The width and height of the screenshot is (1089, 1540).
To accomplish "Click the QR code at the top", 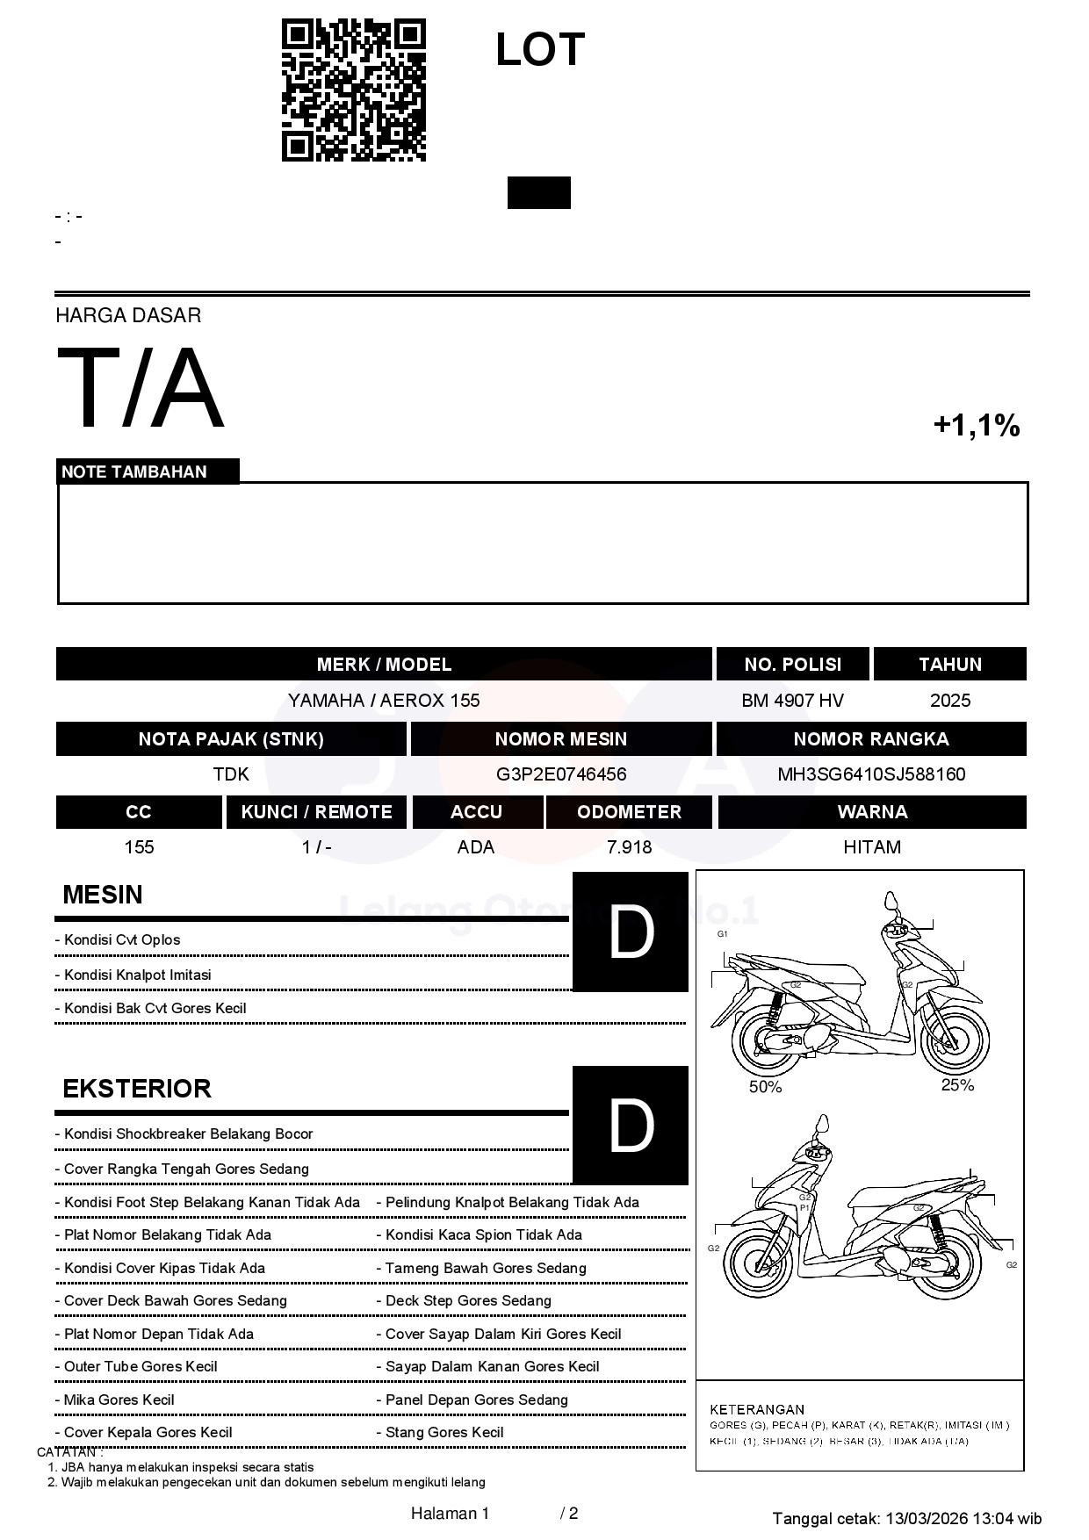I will [x=353, y=90].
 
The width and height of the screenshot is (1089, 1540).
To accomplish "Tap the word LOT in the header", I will [x=539, y=50].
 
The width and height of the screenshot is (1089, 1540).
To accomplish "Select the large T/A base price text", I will [x=141, y=389].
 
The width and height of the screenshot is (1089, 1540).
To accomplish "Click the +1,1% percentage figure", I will [x=976, y=426].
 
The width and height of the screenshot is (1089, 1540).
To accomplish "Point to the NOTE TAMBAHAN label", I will [x=134, y=472].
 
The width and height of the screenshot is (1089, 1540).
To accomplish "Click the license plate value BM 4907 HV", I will [x=792, y=701].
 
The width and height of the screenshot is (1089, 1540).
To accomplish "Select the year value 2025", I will [x=949, y=701].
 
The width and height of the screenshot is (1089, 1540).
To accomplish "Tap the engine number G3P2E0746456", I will [x=561, y=774].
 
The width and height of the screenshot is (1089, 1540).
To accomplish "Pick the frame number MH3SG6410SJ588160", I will [x=871, y=774].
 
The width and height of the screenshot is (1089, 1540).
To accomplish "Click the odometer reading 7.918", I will [x=629, y=847].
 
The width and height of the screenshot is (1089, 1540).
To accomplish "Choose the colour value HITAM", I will [x=872, y=847].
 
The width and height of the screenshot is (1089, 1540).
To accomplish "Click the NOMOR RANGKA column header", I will [x=871, y=739].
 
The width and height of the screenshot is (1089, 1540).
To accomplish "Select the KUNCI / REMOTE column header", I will [x=316, y=812].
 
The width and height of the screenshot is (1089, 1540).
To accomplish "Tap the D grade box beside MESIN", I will [x=631, y=932].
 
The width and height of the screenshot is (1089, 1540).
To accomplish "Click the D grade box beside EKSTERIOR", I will [x=631, y=1126].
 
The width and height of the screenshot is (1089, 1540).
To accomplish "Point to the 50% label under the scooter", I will [x=765, y=1087].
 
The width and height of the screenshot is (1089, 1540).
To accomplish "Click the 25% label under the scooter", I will [x=957, y=1085].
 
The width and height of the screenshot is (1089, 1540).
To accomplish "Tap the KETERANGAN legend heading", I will [x=757, y=1409].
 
